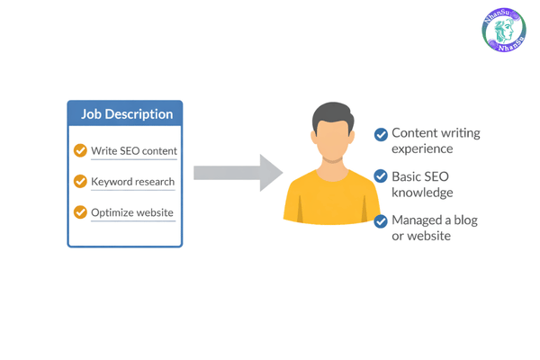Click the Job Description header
125,114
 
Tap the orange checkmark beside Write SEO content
80,150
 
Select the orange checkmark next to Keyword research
80,182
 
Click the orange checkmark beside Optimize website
80,213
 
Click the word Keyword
112,182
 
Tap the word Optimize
112,213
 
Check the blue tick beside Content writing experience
381,135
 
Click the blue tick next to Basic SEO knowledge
381,176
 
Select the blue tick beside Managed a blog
381,220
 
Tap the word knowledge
422,192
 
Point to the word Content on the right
414,133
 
